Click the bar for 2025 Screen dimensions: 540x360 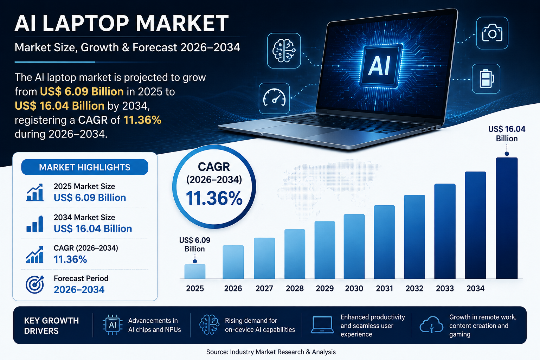[195, 271]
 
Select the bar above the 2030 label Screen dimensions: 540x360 [354, 246]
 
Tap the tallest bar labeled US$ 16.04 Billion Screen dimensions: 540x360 [507, 218]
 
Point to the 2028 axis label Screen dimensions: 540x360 [295, 288]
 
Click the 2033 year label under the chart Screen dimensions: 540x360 [445, 288]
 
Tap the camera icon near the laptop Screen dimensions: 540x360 [492, 33]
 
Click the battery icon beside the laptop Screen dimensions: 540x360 [486, 79]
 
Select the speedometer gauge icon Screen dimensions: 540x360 [274, 98]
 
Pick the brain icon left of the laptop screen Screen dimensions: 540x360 [284, 51]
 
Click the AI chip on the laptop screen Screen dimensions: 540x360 [381, 65]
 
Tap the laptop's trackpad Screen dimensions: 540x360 [298, 130]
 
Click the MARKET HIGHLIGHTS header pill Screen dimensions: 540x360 [85, 167]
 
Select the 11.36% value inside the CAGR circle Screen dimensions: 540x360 [214, 198]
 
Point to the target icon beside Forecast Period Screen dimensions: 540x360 [35, 284]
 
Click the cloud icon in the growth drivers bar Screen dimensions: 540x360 [431, 324]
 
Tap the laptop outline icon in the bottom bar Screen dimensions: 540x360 [322, 325]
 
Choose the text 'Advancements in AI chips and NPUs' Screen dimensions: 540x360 [155, 325]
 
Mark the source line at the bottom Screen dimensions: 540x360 [271, 352]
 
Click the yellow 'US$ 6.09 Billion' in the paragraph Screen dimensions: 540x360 [82, 92]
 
